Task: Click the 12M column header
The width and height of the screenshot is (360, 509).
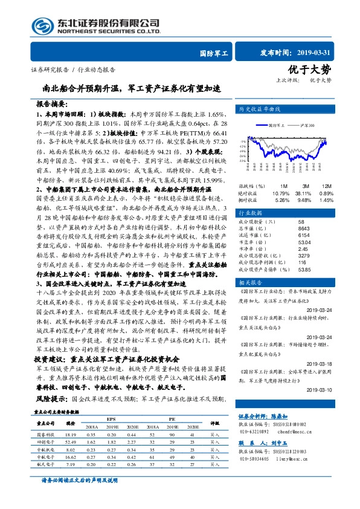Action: (x=326, y=186)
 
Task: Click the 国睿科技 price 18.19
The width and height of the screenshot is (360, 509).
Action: (x=70, y=435)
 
